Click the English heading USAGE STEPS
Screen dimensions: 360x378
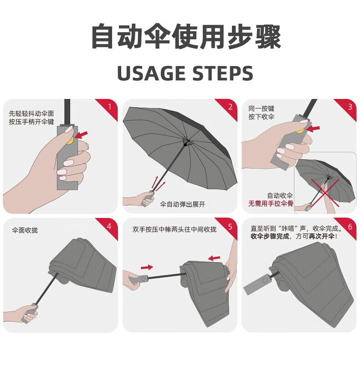185,73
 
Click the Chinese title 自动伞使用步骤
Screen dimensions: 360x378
186,36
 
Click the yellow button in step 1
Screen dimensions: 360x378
70,141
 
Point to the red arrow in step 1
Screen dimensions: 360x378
81,135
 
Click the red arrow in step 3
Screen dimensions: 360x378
313,129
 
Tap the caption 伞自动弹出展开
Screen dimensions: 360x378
182,204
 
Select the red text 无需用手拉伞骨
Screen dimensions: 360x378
271,203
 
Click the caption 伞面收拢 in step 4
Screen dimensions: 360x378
25,230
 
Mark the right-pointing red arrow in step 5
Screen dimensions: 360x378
147,267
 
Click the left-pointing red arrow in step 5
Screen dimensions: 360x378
214,259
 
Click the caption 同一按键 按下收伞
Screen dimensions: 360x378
262,113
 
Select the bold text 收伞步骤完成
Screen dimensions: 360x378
270,236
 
